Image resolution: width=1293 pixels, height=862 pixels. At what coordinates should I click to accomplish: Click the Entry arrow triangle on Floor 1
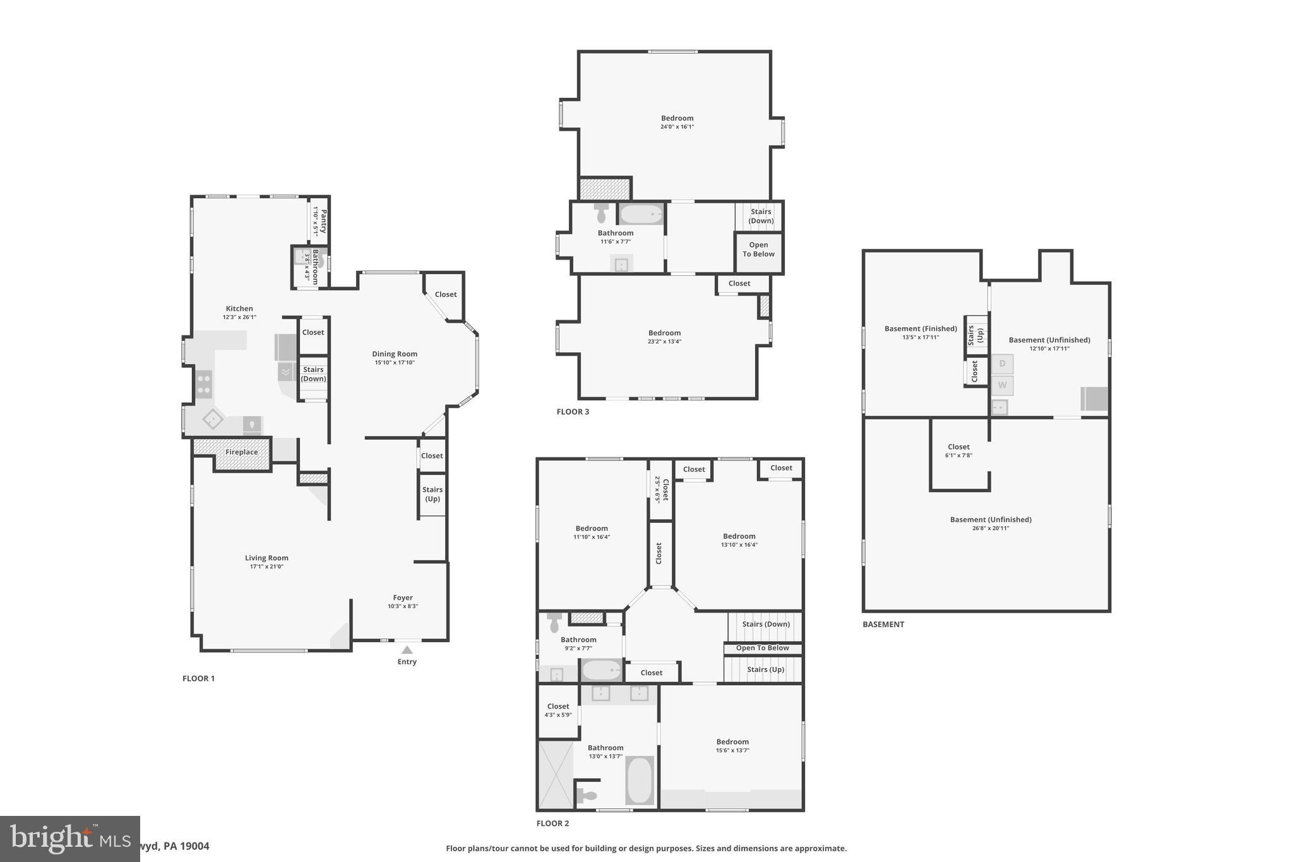click(x=407, y=650)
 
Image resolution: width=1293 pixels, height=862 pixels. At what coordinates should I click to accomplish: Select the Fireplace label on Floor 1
click(x=242, y=452)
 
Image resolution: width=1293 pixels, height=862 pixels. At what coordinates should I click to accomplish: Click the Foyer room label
click(x=403, y=597)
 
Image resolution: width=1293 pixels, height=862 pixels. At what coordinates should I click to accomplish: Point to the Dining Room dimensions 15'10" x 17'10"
click(x=395, y=362)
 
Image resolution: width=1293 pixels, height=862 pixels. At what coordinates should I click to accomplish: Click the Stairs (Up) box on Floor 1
click(x=432, y=494)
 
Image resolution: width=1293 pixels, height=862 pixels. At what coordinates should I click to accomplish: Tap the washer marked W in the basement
click(x=1002, y=385)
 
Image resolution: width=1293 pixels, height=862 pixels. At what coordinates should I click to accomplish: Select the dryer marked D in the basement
click(x=1002, y=364)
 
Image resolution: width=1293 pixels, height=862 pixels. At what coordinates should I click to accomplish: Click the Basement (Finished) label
click(x=921, y=328)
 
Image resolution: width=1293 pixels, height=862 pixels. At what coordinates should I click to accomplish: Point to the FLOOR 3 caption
click(x=573, y=412)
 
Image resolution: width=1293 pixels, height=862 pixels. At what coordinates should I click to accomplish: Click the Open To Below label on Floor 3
click(x=759, y=249)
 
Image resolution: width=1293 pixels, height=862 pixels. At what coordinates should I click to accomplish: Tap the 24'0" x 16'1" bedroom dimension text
click(x=677, y=127)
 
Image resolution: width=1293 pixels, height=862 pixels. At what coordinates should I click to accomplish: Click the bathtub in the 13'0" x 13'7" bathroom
click(x=640, y=780)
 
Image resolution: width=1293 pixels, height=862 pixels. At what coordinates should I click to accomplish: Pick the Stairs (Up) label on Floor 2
click(x=765, y=669)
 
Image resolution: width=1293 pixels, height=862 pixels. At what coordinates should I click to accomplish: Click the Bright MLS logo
click(x=70, y=839)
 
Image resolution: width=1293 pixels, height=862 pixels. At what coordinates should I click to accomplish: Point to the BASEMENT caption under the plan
click(x=883, y=625)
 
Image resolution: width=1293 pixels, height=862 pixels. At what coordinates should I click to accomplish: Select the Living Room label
click(x=266, y=558)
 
